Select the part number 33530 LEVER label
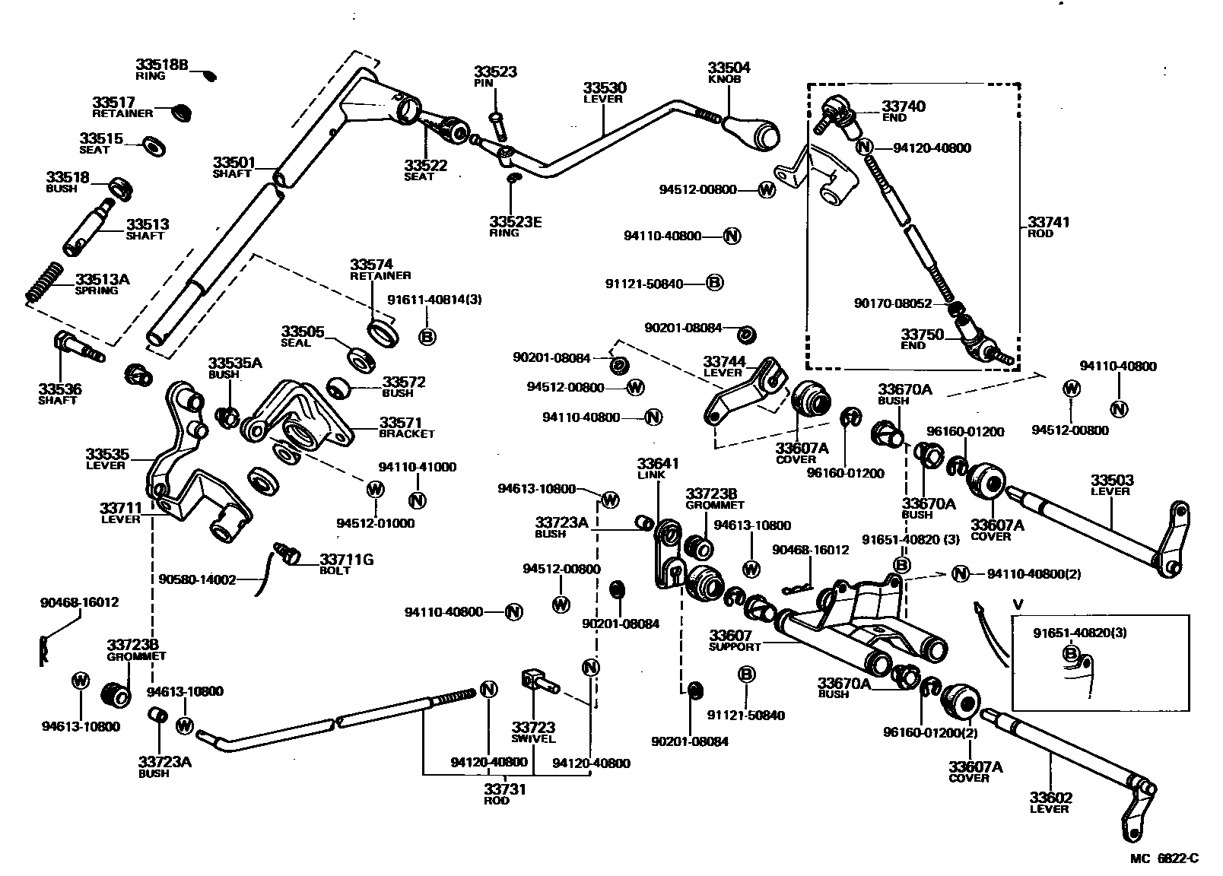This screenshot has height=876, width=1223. pyautogui.click(x=605, y=93)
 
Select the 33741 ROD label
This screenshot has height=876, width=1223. pyautogui.click(x=1048, y=227)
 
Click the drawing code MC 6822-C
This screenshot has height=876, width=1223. pyautogui.click(x=1164, y=859)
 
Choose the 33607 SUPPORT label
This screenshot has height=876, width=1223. pyautogui.click(x=734, y=640)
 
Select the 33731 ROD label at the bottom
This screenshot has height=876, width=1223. pyautogui.click(x=506, y=795)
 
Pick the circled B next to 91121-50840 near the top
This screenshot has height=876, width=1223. pyautogui.click(x=713, y=283)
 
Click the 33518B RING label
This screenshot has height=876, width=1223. pyautogui.click(x=161, y=69)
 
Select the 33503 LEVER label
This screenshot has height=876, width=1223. pyautogui.click(x=1111, y=485)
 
